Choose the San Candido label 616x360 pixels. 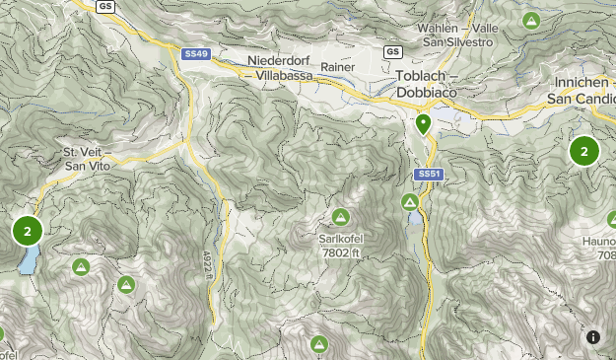(x=581, y=100)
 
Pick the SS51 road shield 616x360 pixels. (x=428, y=174)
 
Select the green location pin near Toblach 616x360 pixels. (x=424, y=124)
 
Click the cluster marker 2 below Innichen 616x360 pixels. (x=584, y=151)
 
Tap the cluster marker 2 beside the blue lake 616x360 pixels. (x=28, y=232)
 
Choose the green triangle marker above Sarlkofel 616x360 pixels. (x=340, y=217)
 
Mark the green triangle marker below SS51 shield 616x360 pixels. (x=411, y=202)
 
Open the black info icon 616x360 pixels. (x=593, y=337)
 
